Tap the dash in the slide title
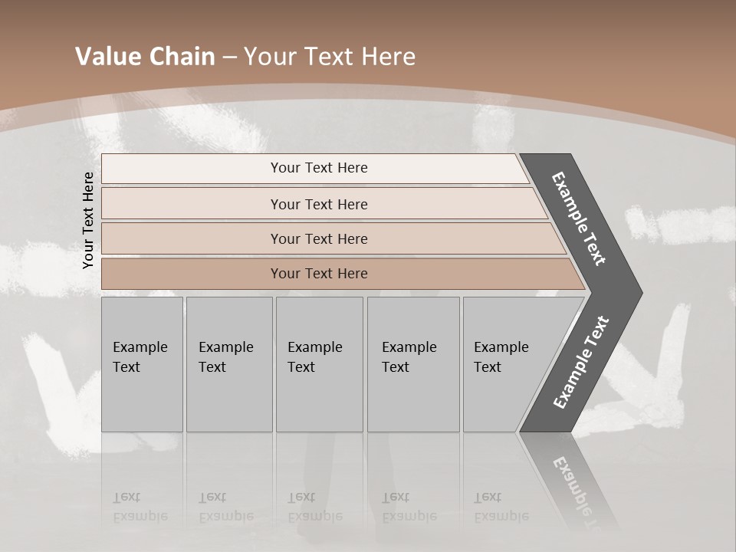tap(229, 58)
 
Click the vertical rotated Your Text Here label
tap(88, 220)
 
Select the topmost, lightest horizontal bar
tap(314, 168)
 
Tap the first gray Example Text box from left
tap(142, 364)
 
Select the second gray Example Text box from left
tap(228, 364)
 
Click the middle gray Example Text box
tap(319, 364)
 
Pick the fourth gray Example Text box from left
tap(412, 364)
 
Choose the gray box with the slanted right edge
tap(506, 364)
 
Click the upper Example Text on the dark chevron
tap(579, 219)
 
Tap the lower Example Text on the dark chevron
tap(581, 362)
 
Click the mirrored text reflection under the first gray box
tap(140, 507)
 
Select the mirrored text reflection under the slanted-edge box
tap(501, 507)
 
